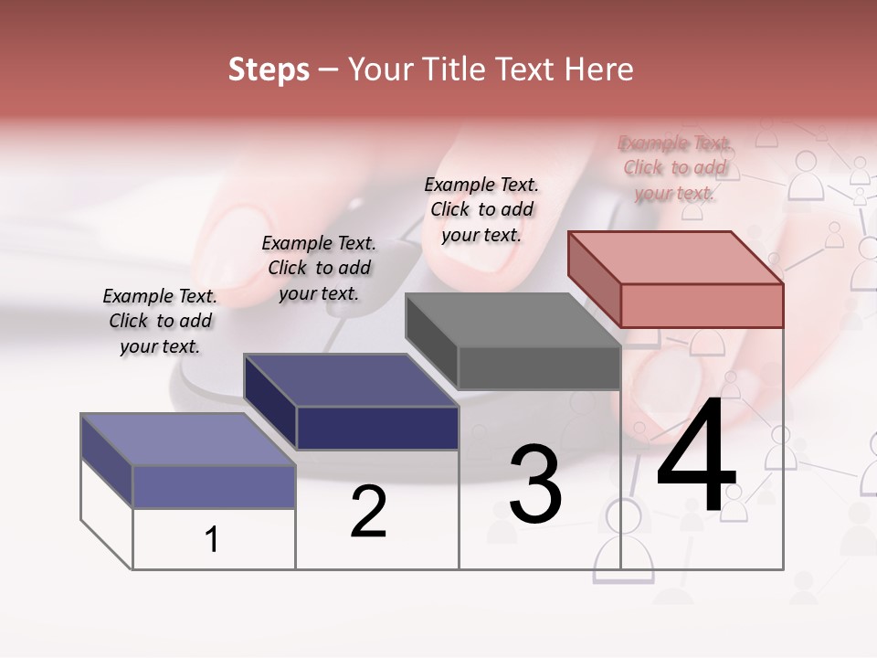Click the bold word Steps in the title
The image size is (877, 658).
click(269, 69)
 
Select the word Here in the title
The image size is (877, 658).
click(598, 69)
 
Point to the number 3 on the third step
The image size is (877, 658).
click(535, 484)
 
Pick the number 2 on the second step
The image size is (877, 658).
click(369, 512)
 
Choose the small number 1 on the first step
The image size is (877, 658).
click(212, 539)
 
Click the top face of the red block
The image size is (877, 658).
click(675, 257)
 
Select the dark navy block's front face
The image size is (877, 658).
click(378, 428)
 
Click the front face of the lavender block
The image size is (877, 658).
click(215, 486)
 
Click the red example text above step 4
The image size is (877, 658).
click(674, 168)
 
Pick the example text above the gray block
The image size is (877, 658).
click(481, 209)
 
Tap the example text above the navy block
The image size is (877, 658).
click(319, 268)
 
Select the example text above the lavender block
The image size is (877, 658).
click(160, 321)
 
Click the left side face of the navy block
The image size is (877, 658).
click(269, 400)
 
